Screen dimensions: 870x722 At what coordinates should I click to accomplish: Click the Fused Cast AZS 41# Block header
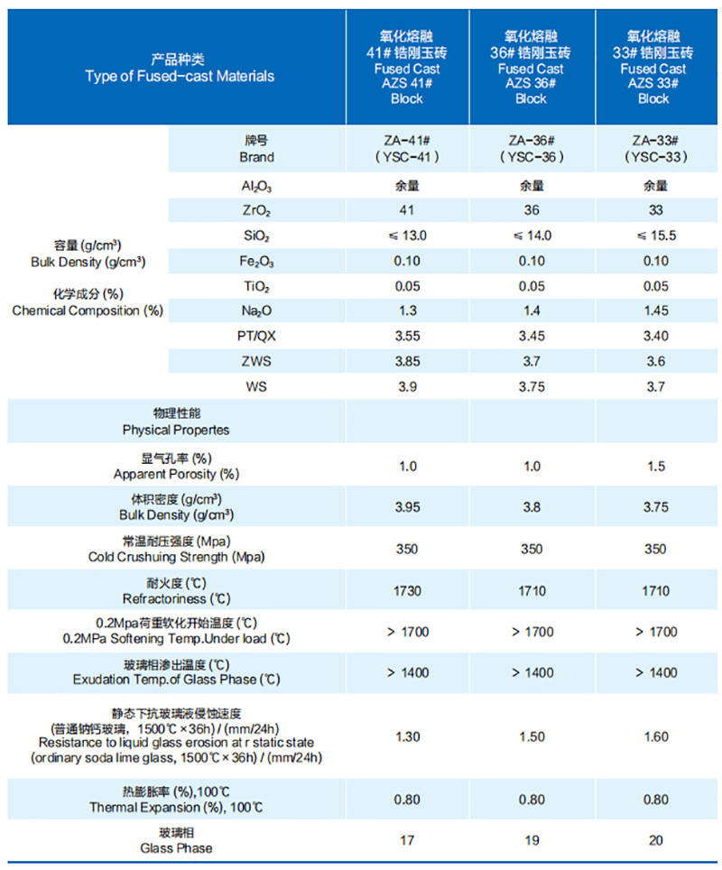coord(407,69)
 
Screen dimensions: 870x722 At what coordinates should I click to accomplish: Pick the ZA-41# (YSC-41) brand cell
coord(407,149)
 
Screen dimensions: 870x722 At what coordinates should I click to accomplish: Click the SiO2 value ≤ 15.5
coord(656,236)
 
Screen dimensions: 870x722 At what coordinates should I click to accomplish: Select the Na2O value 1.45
coord(656,310)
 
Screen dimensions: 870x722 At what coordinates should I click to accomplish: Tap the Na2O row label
coord(256,311)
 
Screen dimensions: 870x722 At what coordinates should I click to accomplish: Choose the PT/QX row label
coord(256,336)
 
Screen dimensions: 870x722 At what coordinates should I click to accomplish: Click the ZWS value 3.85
coord(407,361)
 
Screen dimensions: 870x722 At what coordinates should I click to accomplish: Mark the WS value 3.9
coord(407,386)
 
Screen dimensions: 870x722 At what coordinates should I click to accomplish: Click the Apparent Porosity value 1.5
coord(656,467)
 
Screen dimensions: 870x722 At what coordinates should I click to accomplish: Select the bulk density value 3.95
coord(407,507)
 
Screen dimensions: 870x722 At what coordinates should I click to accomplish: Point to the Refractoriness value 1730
coord(407,590)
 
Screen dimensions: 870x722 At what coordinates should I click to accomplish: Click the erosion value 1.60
coord(656,737)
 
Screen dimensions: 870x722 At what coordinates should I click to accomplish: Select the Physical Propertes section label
coord(176,422)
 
